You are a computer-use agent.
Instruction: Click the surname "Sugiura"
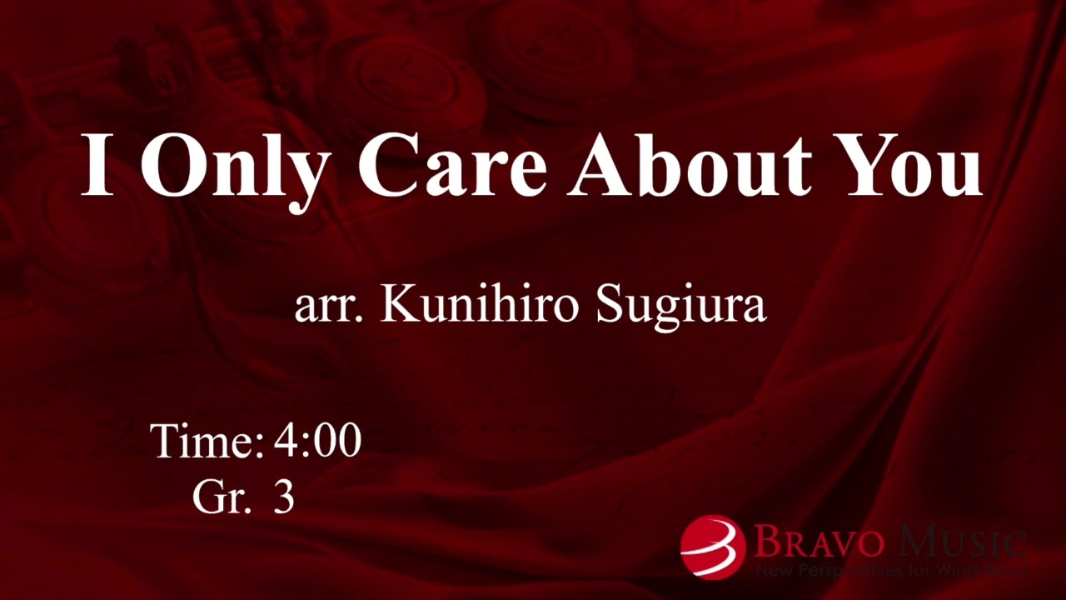[x=680, y=307]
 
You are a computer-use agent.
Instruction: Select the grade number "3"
[x=284, y=497]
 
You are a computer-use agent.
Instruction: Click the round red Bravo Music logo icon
[x=712, y=547]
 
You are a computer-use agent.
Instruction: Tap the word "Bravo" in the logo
[x=817, y=542]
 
